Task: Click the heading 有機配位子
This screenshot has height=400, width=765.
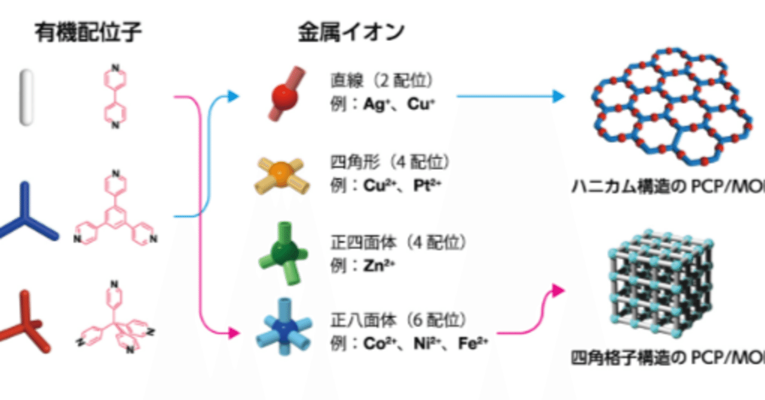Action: point(88,33)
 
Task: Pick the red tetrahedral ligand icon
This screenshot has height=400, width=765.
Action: point(24,322)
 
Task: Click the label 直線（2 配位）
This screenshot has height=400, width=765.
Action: point(382,81)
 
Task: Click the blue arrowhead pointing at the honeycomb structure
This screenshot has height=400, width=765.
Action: point(558,96)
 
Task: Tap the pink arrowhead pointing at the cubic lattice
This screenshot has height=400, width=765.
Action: point(558,291)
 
